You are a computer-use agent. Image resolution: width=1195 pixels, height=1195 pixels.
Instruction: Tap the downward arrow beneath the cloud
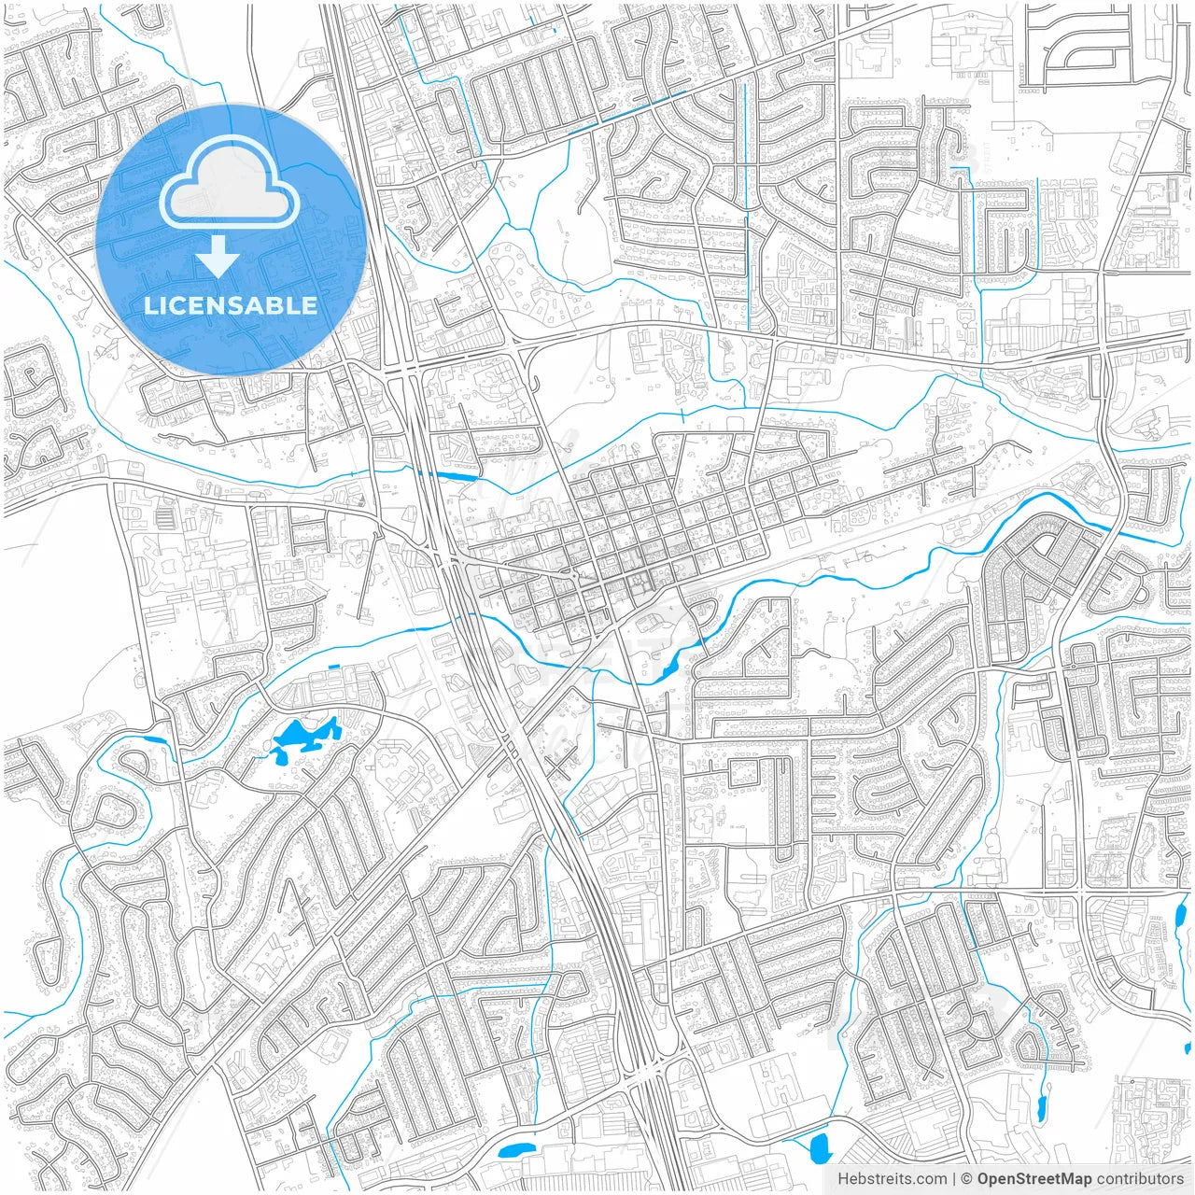tap(218, 257)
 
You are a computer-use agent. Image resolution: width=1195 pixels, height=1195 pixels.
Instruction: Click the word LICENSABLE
tap(230, 306)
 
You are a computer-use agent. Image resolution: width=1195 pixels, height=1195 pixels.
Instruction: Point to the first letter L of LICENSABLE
tap(149, 306)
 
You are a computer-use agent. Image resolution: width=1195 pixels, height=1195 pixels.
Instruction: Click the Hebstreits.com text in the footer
tap(892, 1179)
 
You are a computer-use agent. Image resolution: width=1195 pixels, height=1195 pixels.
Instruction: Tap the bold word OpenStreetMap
tap(1034, 1179)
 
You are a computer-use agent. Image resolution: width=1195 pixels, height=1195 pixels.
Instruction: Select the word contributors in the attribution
tap(1140, 1179)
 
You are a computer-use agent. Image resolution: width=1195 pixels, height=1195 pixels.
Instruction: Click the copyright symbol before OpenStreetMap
tap(968, 1179)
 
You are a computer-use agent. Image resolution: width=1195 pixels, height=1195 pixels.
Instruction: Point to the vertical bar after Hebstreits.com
tap(954, 1179)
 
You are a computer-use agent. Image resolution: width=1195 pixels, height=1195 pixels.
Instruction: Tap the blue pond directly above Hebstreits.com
tap(821, 1147)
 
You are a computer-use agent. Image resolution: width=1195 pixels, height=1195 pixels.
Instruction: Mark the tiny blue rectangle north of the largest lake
tap(333, 666)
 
